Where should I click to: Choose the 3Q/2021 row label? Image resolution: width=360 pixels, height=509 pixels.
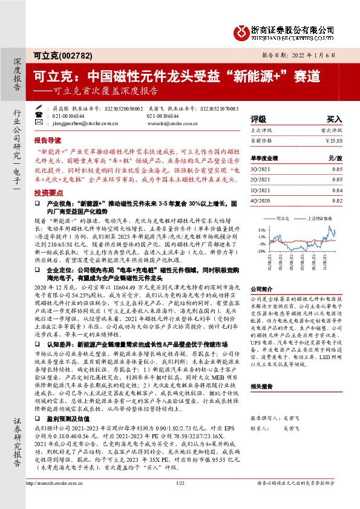260,171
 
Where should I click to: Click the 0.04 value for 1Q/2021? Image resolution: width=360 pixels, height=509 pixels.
337,190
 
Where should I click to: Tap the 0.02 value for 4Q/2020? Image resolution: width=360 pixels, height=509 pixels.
337,200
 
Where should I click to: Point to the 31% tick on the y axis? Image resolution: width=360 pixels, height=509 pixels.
261,230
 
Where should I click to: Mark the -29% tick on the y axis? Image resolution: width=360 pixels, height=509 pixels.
261,250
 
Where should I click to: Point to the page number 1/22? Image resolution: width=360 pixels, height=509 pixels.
179,499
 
